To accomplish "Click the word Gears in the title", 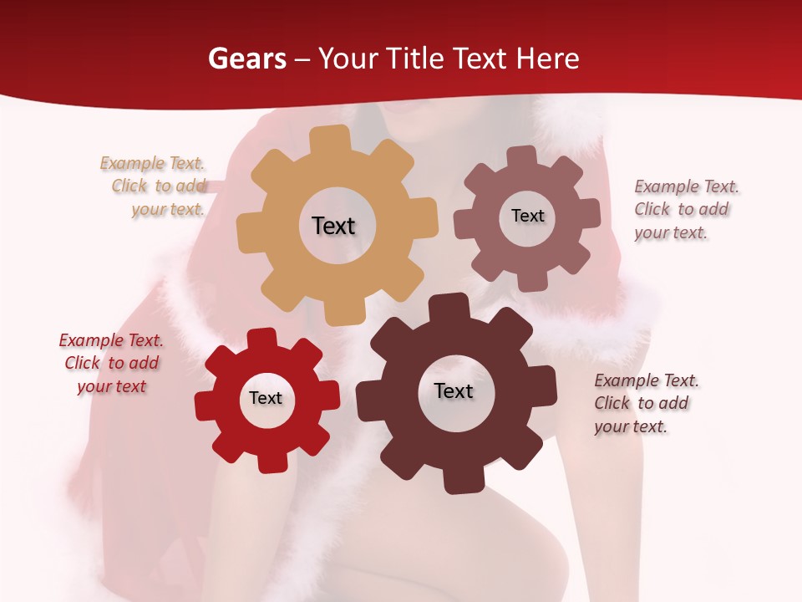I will tap(246, 59).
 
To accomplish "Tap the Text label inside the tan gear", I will tap(333, 226).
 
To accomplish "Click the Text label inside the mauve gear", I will tap(527, 216).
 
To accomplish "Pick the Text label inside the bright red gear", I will tap(266, 398).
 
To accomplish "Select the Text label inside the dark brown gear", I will tap(454, 390).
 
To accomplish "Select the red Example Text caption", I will tap(111, 363).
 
